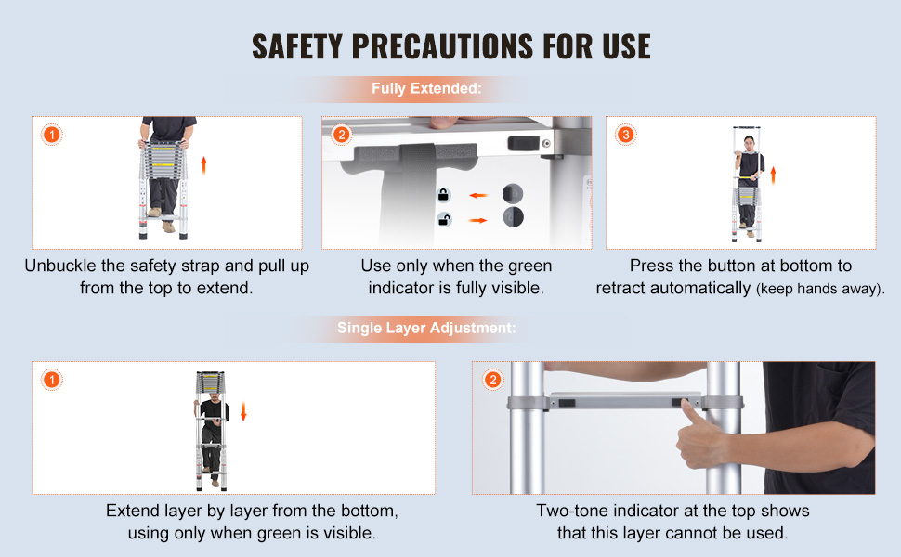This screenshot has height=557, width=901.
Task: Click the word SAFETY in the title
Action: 297,46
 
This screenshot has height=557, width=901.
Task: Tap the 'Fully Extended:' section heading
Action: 426,88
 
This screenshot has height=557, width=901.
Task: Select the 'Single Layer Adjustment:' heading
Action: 426,328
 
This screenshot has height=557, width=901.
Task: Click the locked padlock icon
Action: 443,195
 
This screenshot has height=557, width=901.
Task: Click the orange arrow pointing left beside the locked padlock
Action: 478,195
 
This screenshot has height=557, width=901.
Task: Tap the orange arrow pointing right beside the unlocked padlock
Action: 478,220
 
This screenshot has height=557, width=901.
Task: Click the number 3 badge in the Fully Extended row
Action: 626,135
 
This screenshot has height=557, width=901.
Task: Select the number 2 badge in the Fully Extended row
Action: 341,135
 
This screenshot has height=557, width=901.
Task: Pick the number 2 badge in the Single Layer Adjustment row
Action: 492,380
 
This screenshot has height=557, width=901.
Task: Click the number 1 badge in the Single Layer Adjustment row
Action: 52,380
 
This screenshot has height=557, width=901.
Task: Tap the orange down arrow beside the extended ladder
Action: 243,412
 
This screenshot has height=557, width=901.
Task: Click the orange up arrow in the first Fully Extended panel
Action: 203,165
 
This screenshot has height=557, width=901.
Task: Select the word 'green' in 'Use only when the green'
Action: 529,266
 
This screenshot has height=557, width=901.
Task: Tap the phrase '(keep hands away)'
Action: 818,289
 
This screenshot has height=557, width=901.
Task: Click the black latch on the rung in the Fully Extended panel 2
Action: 524,143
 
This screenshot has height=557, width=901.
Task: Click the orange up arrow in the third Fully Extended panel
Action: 773,175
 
